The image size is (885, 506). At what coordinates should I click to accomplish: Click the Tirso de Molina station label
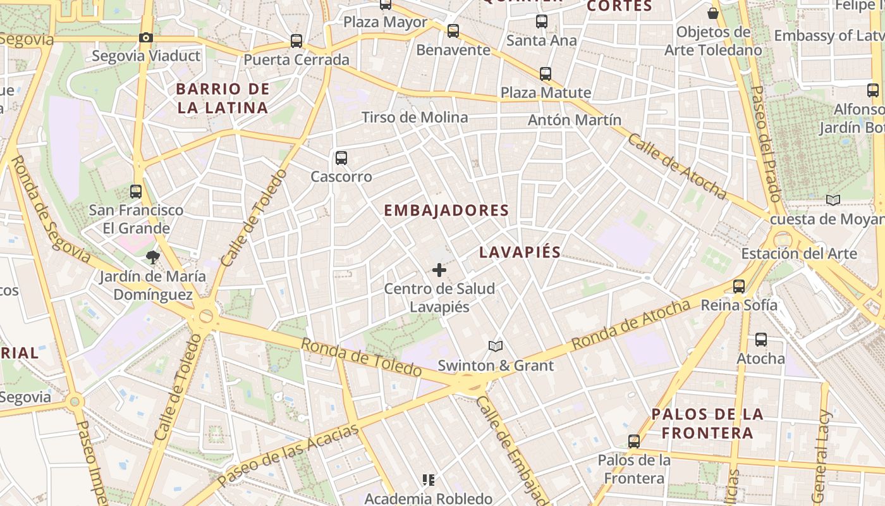click(x=415, y=117)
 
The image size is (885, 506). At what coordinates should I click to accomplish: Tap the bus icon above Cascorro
click(x=341, y=157)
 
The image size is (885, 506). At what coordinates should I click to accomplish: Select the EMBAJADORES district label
click(x=446, y=211)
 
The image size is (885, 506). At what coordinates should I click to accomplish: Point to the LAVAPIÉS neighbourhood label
click(x=520, y=252)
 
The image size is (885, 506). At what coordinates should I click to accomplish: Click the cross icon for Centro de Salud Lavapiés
click(x=439, y=271)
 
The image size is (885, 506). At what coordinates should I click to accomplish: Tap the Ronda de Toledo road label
click(x=361, y=357)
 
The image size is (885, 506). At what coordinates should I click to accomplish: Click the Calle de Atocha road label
click(x=676, y=167)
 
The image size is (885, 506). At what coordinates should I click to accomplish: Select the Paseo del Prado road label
click(x=766, y=143)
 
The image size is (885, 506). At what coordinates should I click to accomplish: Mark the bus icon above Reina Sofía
click(x=739, y=287)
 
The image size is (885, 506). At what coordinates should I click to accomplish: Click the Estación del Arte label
click(x=799, y=254)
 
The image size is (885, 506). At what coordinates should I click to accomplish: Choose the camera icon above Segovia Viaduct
click(x=146, y=38)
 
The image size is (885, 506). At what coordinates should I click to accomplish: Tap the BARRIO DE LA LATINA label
click(x=223, y=98)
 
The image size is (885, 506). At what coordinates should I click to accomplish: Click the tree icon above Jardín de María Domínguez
click(x=152, y=257)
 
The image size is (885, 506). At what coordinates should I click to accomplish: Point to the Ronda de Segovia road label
click(x=51, y=209)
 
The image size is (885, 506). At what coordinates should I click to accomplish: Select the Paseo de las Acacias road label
click(x=288, y=455)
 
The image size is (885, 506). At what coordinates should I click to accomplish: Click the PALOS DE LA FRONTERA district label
click(x=707, y=424)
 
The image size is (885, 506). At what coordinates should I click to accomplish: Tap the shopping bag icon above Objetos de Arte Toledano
click(x=713, y=13)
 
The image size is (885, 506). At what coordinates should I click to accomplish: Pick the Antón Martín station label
click(x=575, y=120)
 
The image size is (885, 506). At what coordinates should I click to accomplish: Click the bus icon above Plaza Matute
click(x=546, y=74)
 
